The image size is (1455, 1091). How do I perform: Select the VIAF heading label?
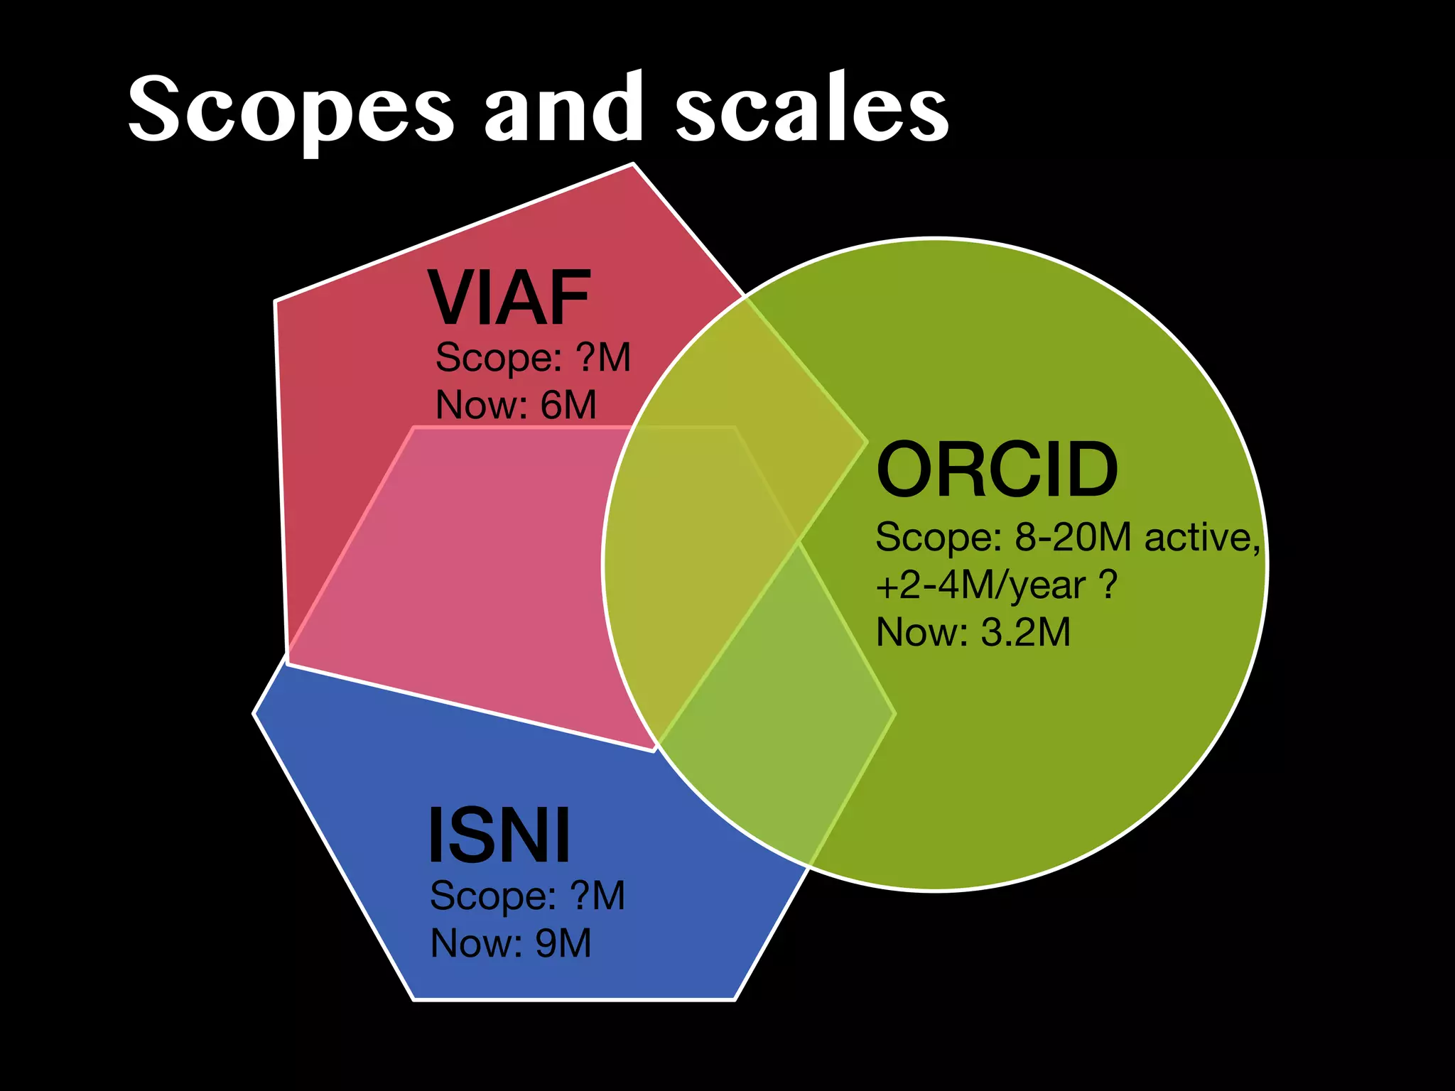tap(509, 298)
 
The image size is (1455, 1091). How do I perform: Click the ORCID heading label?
tap(997, 470)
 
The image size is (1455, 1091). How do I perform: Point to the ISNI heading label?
tap(499, 836)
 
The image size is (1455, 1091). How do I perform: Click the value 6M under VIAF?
tap(568, 406)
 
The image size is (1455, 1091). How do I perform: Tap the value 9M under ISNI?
tap(563, 944)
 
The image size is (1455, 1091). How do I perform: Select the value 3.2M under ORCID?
tap(1025, 632)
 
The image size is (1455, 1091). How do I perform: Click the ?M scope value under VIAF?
tap(604, 357)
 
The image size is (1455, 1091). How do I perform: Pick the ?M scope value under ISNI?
tap(598, 896)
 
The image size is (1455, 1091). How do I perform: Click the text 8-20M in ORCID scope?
tap(1073, 537)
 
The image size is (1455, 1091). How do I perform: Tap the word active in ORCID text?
tap(1201, 538)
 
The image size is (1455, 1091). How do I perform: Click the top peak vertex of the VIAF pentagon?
tap(632, 164)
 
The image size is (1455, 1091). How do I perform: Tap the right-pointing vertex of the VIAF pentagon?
tap(867, 443)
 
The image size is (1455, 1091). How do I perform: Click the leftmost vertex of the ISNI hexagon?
tap(254, 713)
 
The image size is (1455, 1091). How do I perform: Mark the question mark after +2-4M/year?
tap(1108, 585)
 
